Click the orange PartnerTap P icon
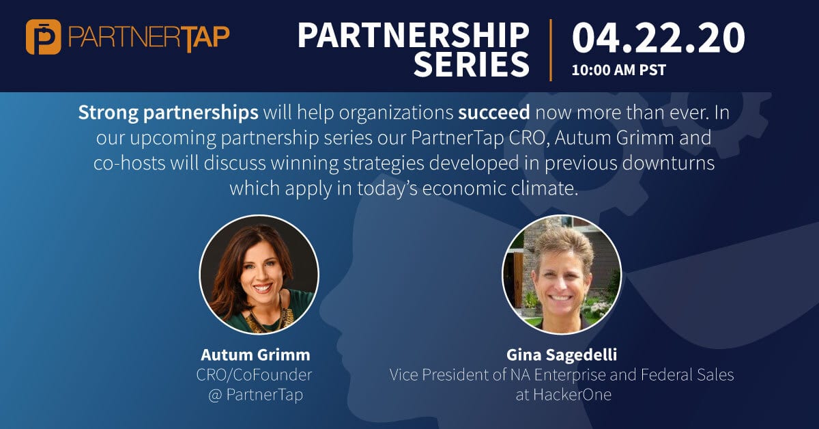click(x=44, y=37)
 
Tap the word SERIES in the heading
click(x=472, y=64)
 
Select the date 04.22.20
click(x=659, y=38)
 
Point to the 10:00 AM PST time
click(x=618, y=70)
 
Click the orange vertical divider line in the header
click(x=551, y=50)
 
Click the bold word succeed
click(x=494, y=113)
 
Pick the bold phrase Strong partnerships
click(x=168, y=113)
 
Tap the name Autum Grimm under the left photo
click(x=255, y=355)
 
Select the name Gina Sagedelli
click(x=562, y=355)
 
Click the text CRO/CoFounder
click(x=254, y=375)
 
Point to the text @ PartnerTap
click(x=255, y=395)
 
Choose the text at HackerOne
click(x=564, y=395)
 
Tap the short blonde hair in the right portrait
click(x=563, y=245)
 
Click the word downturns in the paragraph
click(x=668, y=163)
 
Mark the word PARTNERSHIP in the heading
click(x=414, y=36)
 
